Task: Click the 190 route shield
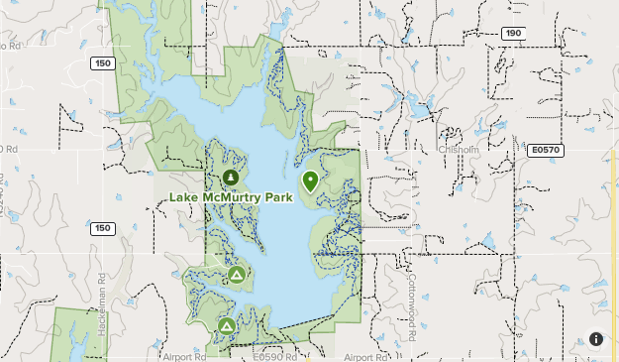(x=511, y=33)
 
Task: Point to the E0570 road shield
(x=544, y=150)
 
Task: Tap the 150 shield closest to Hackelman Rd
(x=102, y=228)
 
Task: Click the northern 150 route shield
(x=101, y=63)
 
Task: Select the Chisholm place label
(x=459, y=150)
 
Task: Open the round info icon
(x=596, y=339)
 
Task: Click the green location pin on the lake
(x=310, y=181)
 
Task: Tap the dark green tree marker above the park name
(x=231, y=178)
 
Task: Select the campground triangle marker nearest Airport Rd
(x=227, y=324)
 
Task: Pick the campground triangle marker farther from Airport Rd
(x=236, y=274)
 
